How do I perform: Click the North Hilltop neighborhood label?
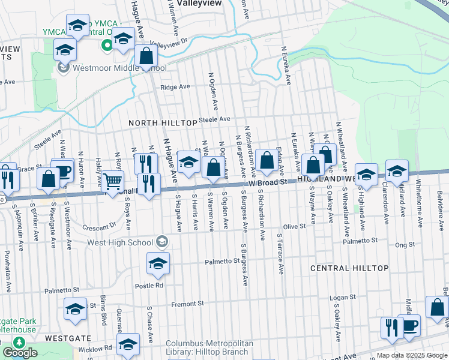tap(163, 123)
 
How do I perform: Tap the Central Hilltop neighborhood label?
tap(349, 268)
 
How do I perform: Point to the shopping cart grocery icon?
tap(112, 180)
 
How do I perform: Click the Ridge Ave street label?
tap(175, 87)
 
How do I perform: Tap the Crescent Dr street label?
tap(99, 226)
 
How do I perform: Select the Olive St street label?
tap(294, 227)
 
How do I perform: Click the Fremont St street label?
tap(188, 304)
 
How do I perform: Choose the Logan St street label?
tap(344, 297)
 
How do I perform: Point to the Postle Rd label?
tap(149, 286)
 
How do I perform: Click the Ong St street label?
tap(405, 245)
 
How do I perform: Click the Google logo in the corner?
tap(20, 353)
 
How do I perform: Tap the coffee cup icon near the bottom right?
tap(410, 325)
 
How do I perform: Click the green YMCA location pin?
tap(106, 44)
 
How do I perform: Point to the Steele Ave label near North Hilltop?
tap(215, 119)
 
